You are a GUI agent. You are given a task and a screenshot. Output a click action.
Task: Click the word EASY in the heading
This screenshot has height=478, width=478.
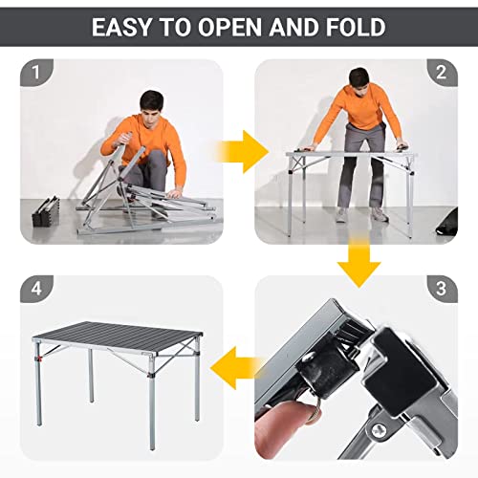click(x=124, y=27)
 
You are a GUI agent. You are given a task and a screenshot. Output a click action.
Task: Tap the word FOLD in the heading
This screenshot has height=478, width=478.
click(x=353, y=27)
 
